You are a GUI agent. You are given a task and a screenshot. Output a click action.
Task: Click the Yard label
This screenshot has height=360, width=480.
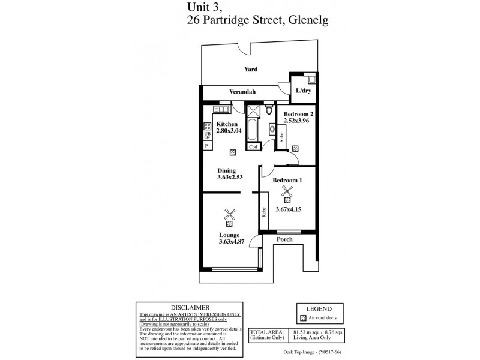[x=251, y=70]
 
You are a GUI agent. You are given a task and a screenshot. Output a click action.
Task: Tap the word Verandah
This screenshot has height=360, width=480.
[x=242, y=92]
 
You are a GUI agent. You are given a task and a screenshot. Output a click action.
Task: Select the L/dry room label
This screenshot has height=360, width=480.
[x=304, y=91]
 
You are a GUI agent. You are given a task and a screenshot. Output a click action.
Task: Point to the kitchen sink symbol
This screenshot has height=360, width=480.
[x=220, y=110]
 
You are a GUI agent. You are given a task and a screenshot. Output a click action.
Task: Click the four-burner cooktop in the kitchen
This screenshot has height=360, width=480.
[x=207, y=127]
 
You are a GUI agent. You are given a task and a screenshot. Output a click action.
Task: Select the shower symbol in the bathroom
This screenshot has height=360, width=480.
[x=253, y=110]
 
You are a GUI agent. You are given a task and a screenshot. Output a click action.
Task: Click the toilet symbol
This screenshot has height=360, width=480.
[x=268, y=110]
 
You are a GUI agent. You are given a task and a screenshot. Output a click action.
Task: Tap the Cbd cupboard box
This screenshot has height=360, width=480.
[x=253, y=146]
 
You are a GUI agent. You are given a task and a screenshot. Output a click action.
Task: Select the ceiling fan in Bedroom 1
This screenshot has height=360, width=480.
[x=287, y=192]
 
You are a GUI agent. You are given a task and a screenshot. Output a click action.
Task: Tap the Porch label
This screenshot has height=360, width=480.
[x=284, y=239]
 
